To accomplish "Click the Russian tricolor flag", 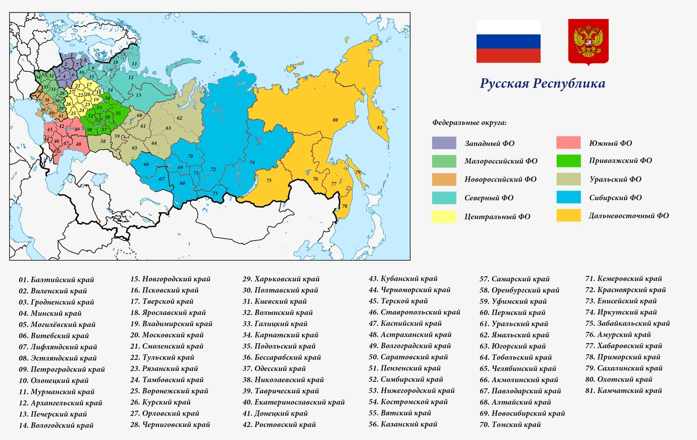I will click(508, 41).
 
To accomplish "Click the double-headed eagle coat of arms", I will click(588, 42).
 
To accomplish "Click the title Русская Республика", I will click(542, 84).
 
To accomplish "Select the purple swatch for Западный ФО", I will click(444, 143).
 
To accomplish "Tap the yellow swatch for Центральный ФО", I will click(444, 216).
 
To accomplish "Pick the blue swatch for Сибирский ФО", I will click(568, 197).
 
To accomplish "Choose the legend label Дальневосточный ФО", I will click(628, 215).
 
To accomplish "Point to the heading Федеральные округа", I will click(469, 123).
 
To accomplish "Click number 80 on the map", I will click(335, 119).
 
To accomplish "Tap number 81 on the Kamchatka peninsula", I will click(380, 127).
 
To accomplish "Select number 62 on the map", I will click(179, 117).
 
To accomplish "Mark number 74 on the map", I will click(252, 162).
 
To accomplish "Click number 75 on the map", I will click(269, 180).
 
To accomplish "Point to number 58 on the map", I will click(102, 140).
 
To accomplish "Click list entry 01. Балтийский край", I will click(57, 280).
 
